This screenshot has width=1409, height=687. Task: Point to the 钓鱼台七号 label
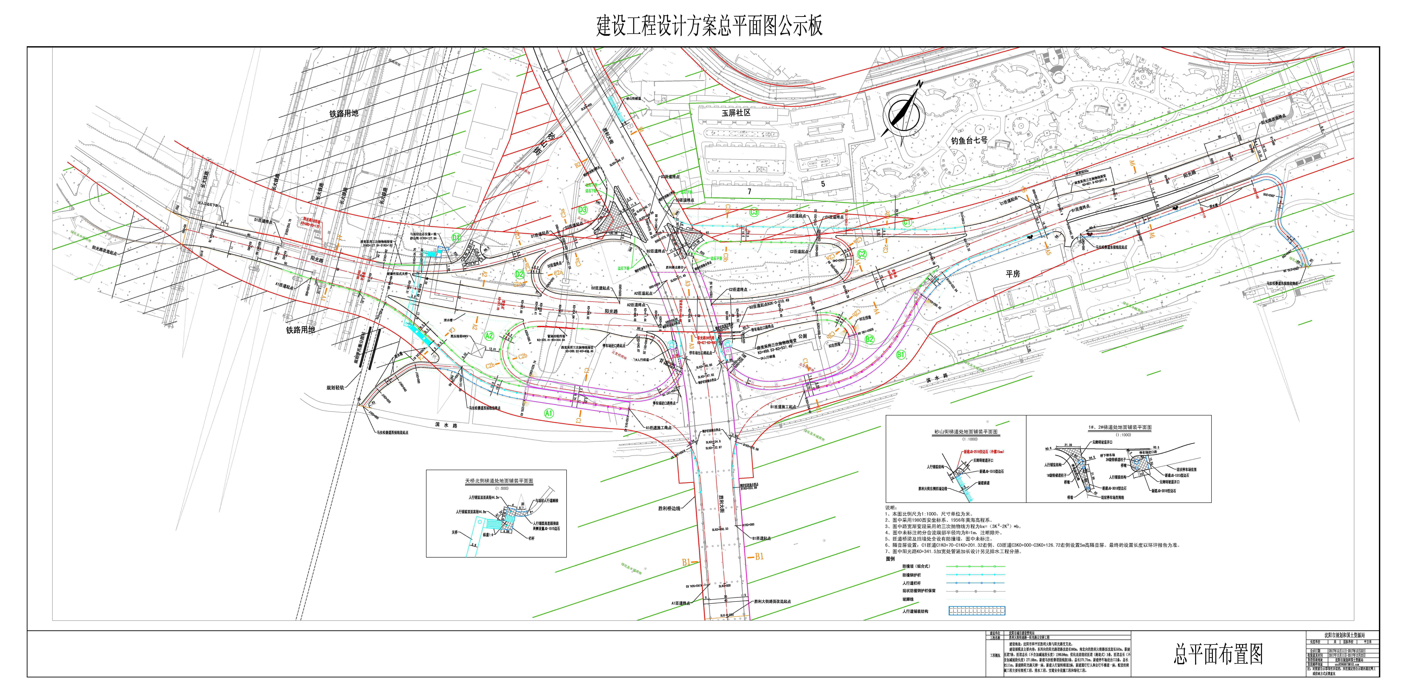pyautogui.click(x=969, y=140)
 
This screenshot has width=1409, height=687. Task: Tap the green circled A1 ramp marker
pyautogui.click(x=549, y=414)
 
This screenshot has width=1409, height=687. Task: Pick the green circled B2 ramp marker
pyautogui.click(x=869, y=339)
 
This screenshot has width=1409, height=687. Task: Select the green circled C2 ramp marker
pyautogui.click(x=862, y=254)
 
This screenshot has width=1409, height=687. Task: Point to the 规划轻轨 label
pyautogui.click(x=335, y=388)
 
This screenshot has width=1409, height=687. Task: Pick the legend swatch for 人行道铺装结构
pyautogui.click(x=976, y=611)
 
